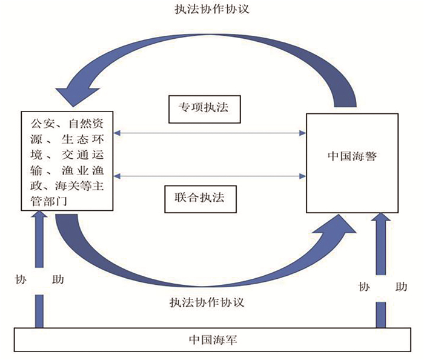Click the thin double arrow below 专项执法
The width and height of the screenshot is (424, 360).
tap(210, 132)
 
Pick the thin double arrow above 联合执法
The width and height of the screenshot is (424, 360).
tap(210, 176)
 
